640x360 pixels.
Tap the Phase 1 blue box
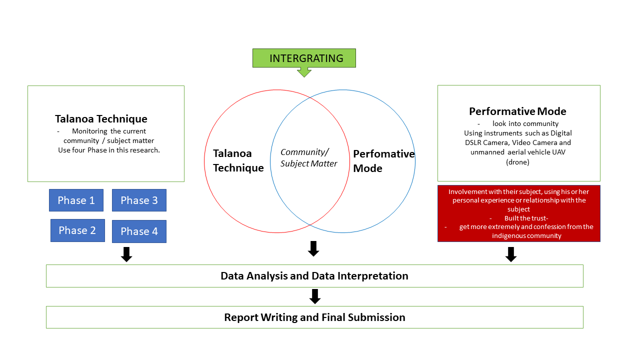click(76, 200)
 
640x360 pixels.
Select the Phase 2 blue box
click(77, 230)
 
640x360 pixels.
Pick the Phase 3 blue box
click(139, 200)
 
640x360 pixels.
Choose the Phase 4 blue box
click(139, 231)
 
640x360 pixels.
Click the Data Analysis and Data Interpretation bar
click(314, 276)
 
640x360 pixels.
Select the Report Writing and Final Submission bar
click(314, 317)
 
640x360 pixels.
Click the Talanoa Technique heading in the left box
click(101, 119)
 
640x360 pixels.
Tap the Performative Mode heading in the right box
click(517, 111)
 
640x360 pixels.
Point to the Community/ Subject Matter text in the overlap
click(308, 158)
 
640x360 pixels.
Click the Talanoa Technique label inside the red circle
click(238, 160)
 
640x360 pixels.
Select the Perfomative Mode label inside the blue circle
click(383, 161)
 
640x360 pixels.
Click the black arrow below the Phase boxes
click(127, 254)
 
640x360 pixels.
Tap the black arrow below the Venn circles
click(313, 248)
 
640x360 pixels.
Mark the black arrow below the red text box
click(510, 254)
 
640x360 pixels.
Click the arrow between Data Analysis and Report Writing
click(314, 296)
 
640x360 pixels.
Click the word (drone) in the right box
click(517, 162)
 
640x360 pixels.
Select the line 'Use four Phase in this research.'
click(109, 150)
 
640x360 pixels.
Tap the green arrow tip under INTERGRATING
click(304, 74)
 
